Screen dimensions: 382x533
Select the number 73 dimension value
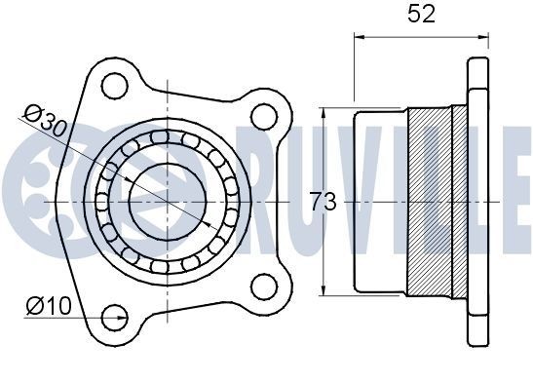(323, 203)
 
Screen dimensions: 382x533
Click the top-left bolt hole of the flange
(115, 84)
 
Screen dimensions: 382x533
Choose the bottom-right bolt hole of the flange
(262, 286)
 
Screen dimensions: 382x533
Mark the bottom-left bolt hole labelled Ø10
(115, 315)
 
